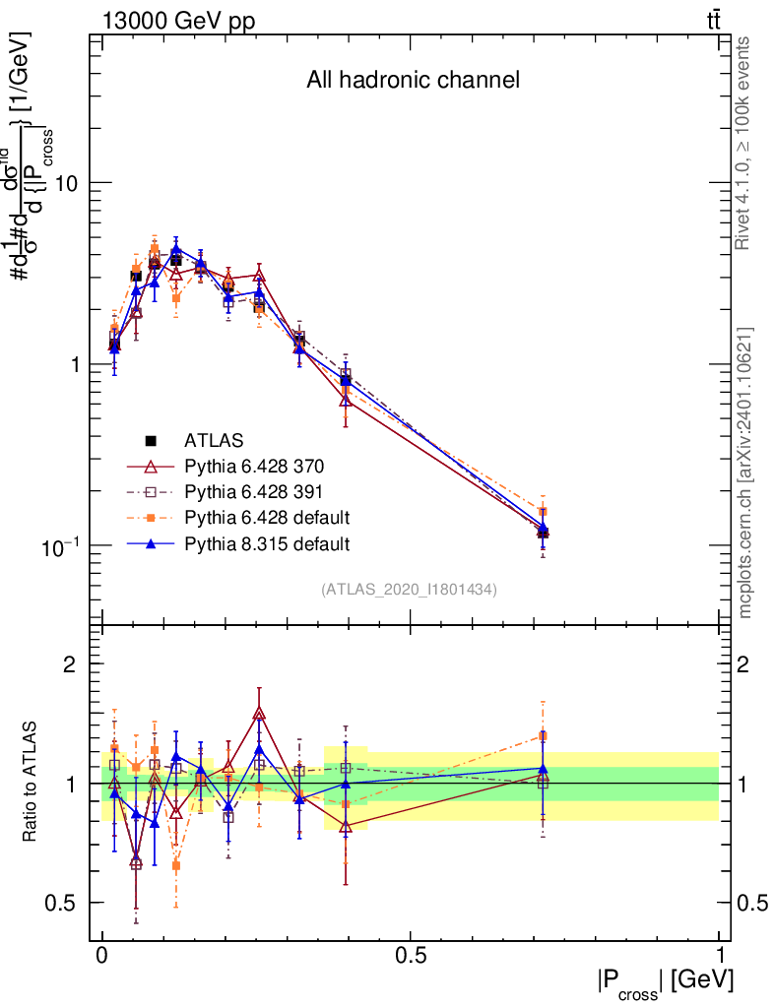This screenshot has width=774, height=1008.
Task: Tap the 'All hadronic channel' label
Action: point(413,80)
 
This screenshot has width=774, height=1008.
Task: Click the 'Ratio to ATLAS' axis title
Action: point(32,783)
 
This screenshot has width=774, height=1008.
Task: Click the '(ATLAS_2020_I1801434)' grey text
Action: point(409,590)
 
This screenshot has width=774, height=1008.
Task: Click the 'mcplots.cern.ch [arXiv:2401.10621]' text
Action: point(745,472)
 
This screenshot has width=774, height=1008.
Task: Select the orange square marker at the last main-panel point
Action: point(543,512)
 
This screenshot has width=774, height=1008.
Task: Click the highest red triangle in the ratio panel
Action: point(259,714)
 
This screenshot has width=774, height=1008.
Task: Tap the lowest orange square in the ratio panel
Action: point(176,865)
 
